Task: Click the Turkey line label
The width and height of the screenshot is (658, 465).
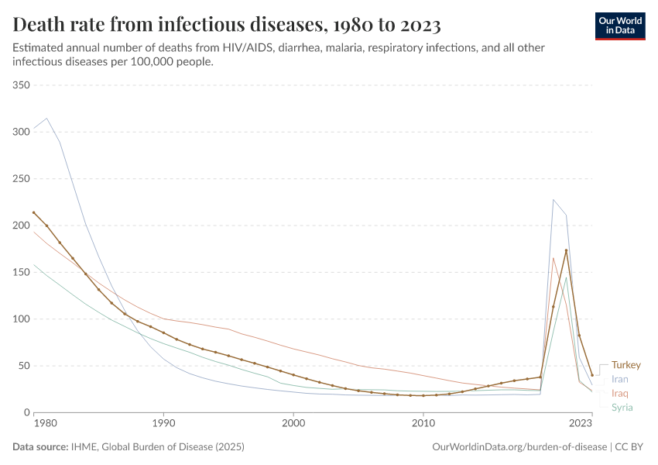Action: click(625, 365)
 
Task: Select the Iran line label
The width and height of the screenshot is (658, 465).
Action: click(619, 379)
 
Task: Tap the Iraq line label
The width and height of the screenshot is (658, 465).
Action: click(619, 394)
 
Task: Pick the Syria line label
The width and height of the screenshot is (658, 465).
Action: click(622, 408)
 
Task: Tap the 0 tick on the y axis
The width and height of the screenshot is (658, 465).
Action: click(26, 412)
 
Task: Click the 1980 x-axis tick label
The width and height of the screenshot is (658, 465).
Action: click(45, 424)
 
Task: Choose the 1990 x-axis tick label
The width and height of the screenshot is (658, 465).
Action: click(163, 424)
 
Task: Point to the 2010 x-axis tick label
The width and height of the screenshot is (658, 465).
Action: click(423, 424)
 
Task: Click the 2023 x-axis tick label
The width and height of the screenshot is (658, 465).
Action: click(581, 424)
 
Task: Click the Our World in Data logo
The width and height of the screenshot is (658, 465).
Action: click(620, 26)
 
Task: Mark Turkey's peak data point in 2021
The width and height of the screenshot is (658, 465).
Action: click(566, 250)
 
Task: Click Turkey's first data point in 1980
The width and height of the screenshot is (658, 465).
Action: click(33, 212)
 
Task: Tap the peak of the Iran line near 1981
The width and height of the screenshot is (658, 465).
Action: click(46, 119)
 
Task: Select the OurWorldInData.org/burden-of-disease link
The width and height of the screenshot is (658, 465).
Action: click(517, 447)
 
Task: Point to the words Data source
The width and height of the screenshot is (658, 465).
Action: click(39, 447)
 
